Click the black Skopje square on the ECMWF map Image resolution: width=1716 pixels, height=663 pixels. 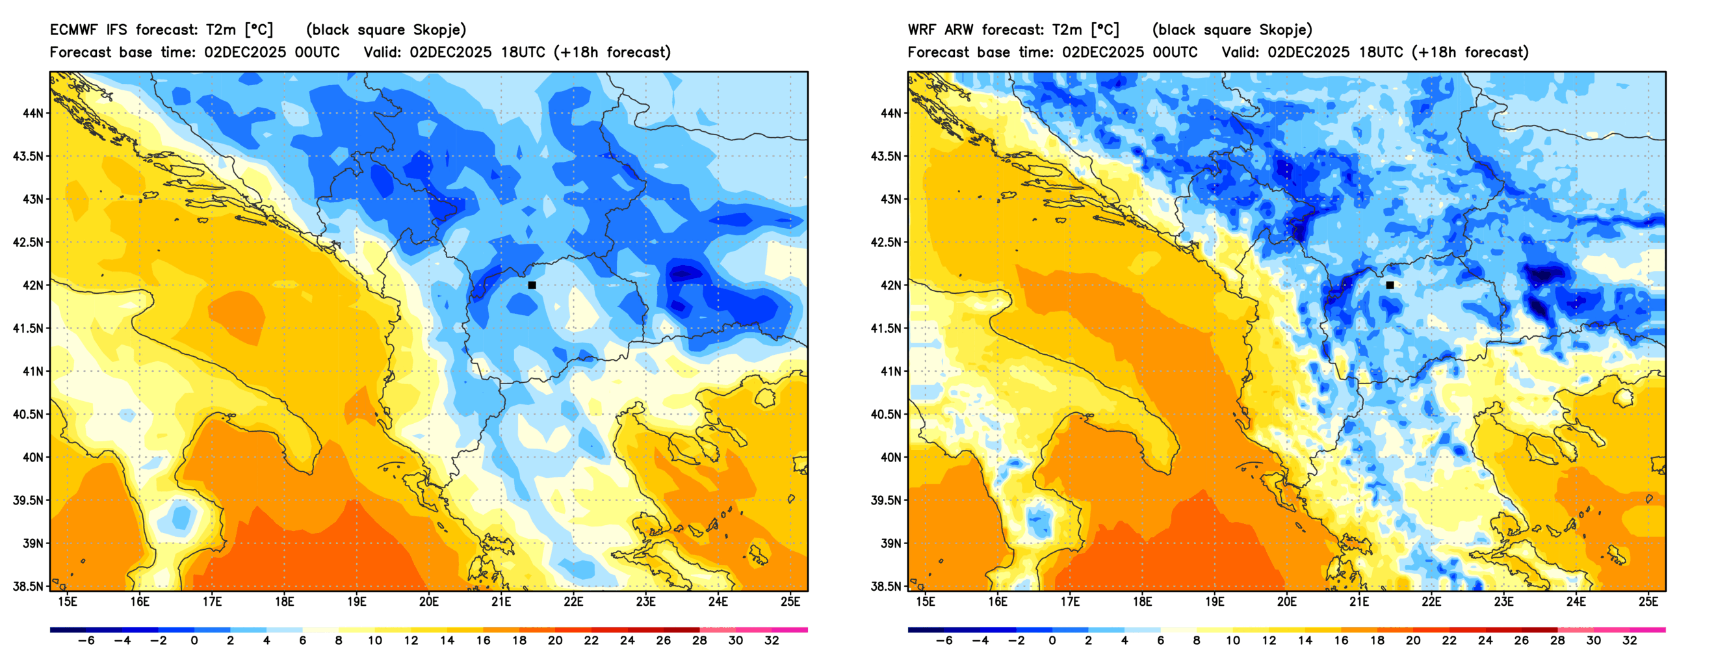[x=532, y=285]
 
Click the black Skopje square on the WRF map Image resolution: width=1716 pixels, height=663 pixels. [x=1390, y=285]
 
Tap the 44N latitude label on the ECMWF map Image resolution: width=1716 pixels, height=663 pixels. [x=32, y=113]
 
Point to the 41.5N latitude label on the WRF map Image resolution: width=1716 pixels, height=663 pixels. [x=885, y=328]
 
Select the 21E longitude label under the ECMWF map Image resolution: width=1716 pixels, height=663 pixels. [x=501, y=602]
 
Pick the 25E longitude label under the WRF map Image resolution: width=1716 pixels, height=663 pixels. [x=1648, y=602]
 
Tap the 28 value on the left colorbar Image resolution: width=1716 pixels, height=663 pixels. [x=699, y=641]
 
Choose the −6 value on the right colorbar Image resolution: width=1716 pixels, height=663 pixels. [x=944, y=641]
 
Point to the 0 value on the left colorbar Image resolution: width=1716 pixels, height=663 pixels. [x=194, y=641]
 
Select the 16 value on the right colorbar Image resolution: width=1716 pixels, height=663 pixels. [x=1341, y=641]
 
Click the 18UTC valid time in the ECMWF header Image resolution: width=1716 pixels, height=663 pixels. [x=523, y=53]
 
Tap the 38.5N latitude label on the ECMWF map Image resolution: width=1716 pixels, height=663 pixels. [x=27, y=587]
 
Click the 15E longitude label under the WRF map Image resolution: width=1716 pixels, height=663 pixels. [x=926, y=602]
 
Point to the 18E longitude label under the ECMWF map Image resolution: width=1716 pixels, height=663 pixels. [x=285, y=602]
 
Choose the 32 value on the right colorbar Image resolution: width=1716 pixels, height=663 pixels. [x=1630, y=641]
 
